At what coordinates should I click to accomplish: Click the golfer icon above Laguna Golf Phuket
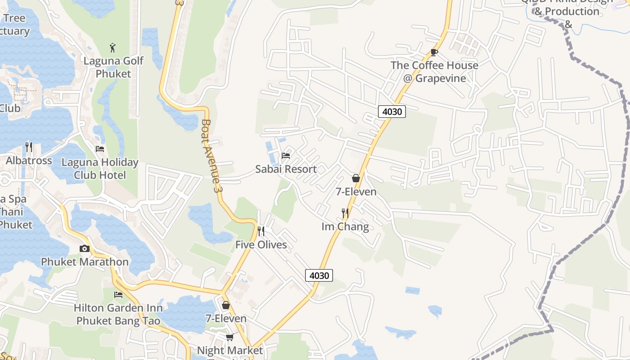point(112,47)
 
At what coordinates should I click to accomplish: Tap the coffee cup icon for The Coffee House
point(434,52)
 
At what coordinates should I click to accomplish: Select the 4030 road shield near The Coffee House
point(391,111)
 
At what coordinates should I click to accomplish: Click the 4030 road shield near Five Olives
point(319,275)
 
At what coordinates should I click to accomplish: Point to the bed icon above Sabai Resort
point(285,156)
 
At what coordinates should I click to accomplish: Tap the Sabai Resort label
point(286,169)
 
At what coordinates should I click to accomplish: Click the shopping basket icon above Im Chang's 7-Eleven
point(355,178)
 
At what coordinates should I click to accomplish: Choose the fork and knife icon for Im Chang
point(345,213)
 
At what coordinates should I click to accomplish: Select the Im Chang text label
point(345,226)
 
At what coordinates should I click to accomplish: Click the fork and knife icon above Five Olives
point(261,231)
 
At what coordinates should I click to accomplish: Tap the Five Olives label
point(261,245)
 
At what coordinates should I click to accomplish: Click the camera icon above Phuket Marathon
point(84,248)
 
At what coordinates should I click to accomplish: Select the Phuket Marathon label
point(85,261)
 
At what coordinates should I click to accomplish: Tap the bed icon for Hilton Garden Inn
point(118,295)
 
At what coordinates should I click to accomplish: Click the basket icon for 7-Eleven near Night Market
point(226,305)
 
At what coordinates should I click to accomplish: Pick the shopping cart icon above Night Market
point(229,337)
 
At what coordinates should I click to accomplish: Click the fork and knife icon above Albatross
point(29,147)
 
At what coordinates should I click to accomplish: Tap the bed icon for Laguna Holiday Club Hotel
point(100,149)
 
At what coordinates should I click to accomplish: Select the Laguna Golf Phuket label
point(113,67)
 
